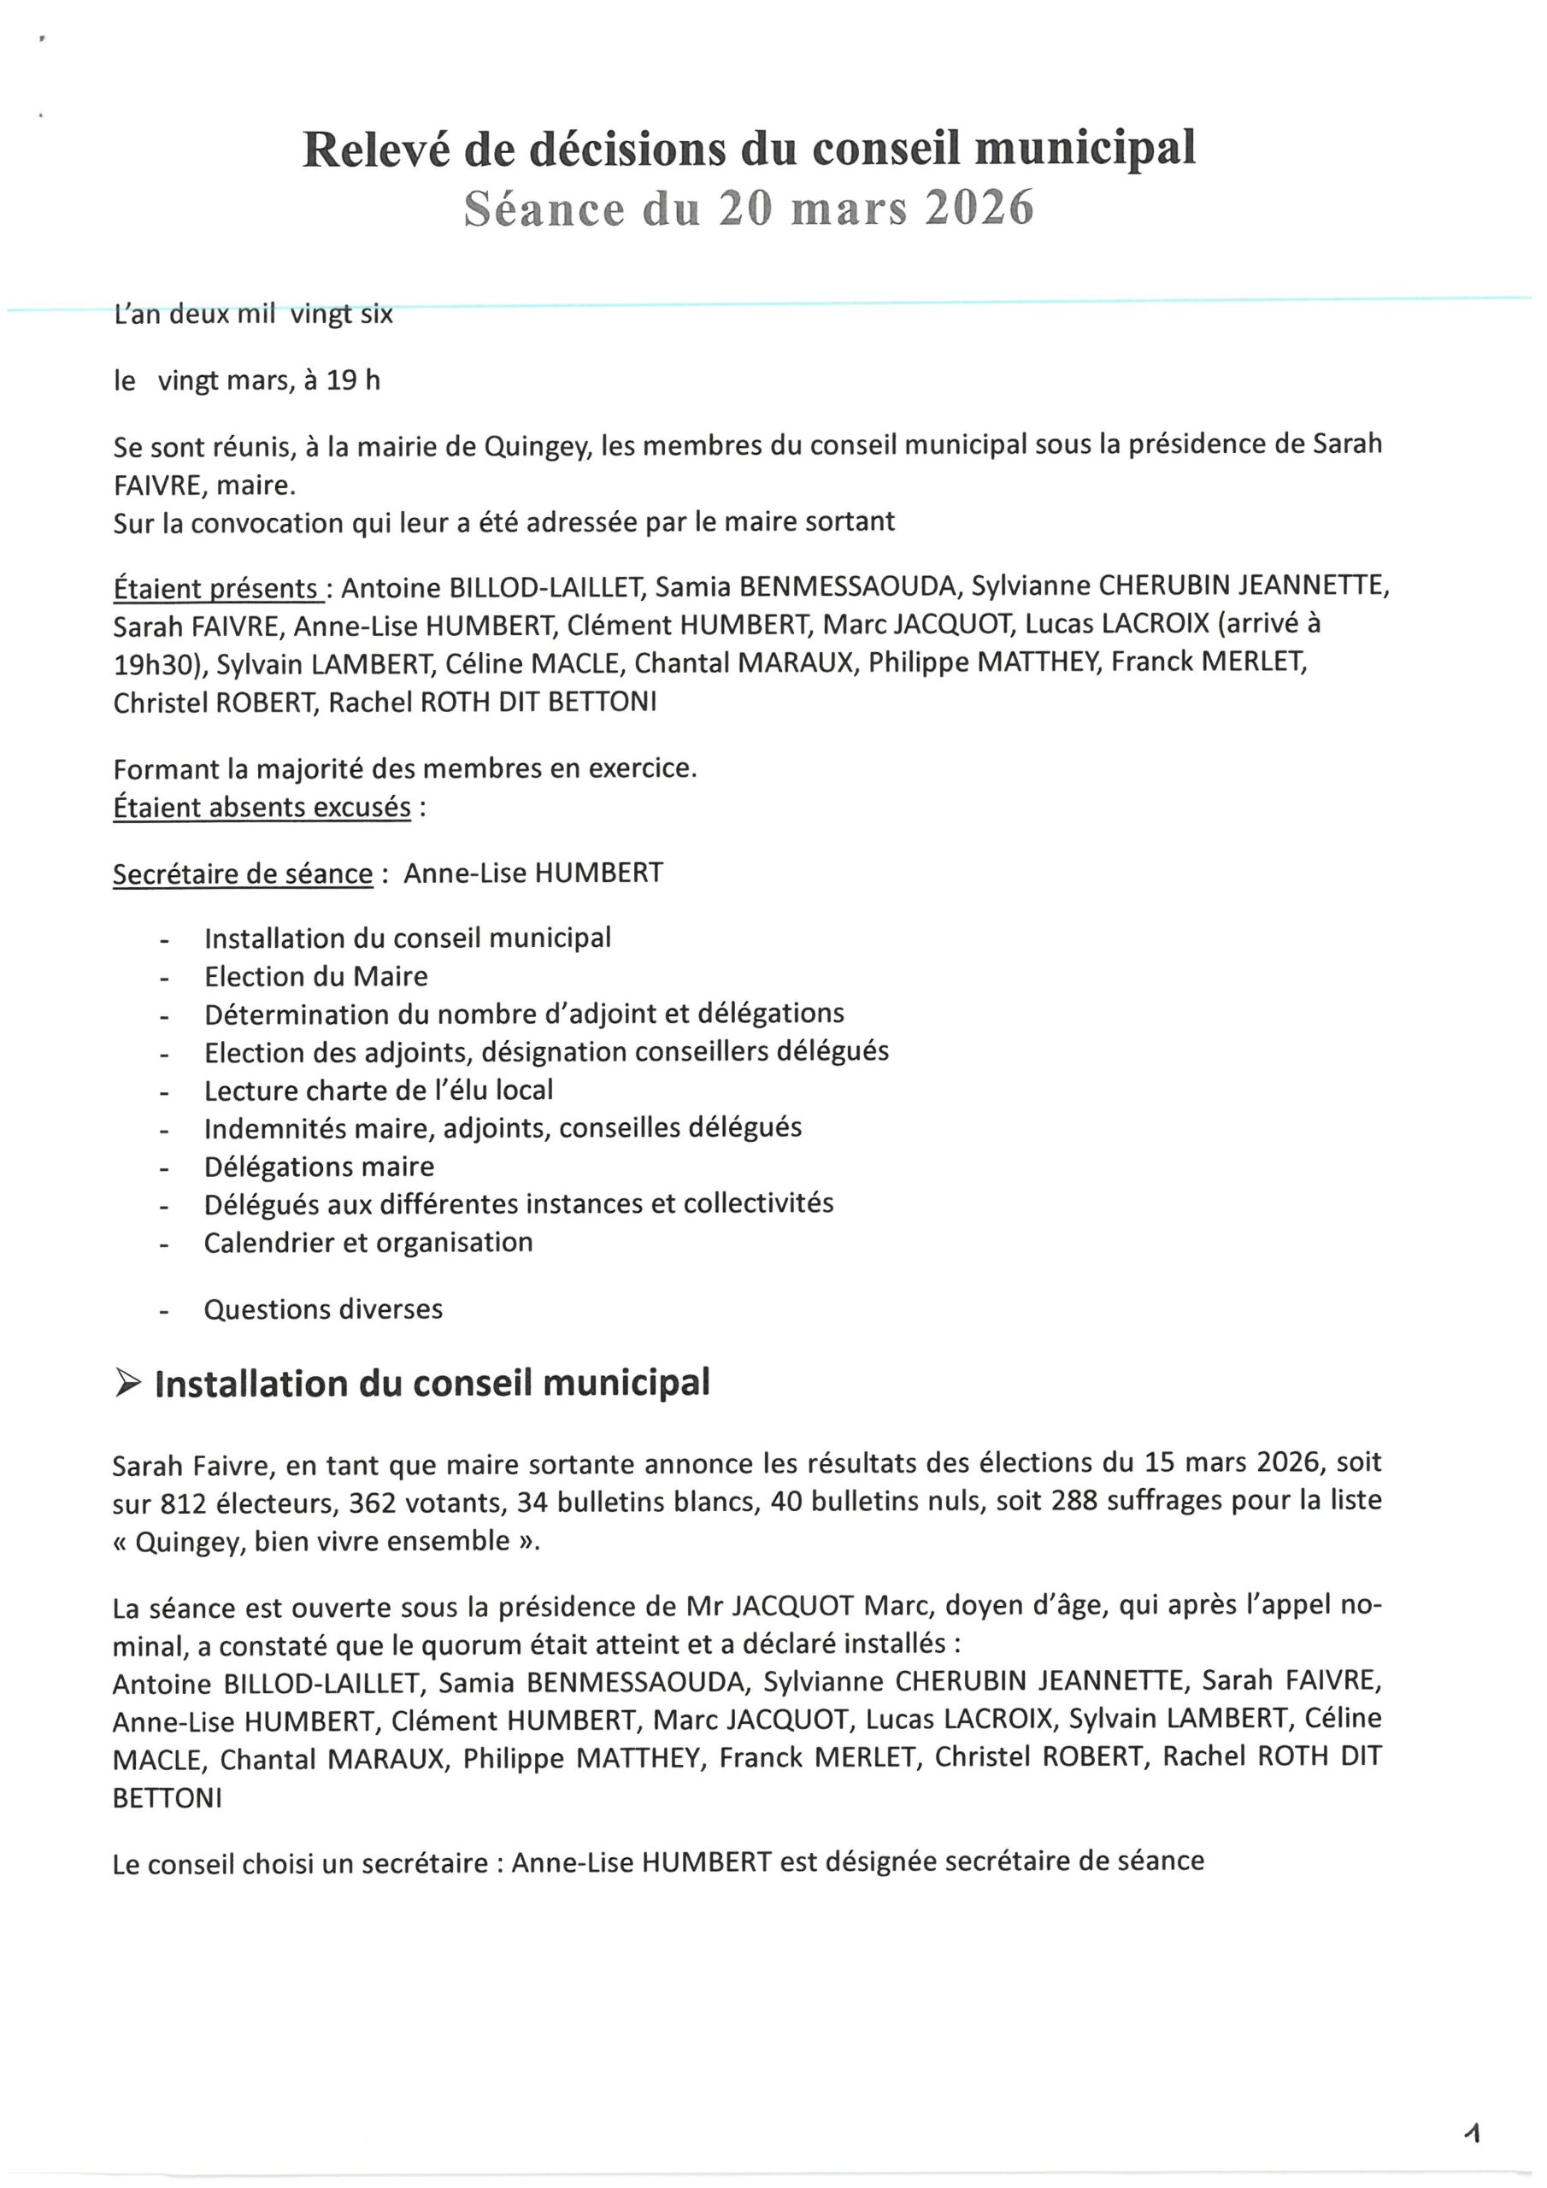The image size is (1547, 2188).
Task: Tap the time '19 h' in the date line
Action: (x=353, y=380)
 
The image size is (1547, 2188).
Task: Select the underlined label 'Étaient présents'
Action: (x=216, y=588)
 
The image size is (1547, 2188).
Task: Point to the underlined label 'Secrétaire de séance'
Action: (x=243, y=873)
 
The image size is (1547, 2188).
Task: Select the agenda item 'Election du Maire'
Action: (x=315, y=976)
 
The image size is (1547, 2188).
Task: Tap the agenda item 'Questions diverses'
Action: (x=323, y=1309)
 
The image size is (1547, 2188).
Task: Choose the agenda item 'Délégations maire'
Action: (x=318, y=1167)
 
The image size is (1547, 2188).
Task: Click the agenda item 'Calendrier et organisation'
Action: (x=368, y=1242)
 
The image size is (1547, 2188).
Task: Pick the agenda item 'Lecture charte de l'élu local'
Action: (x=379, y=1091)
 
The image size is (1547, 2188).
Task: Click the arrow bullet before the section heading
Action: (x=126, y=1384)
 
